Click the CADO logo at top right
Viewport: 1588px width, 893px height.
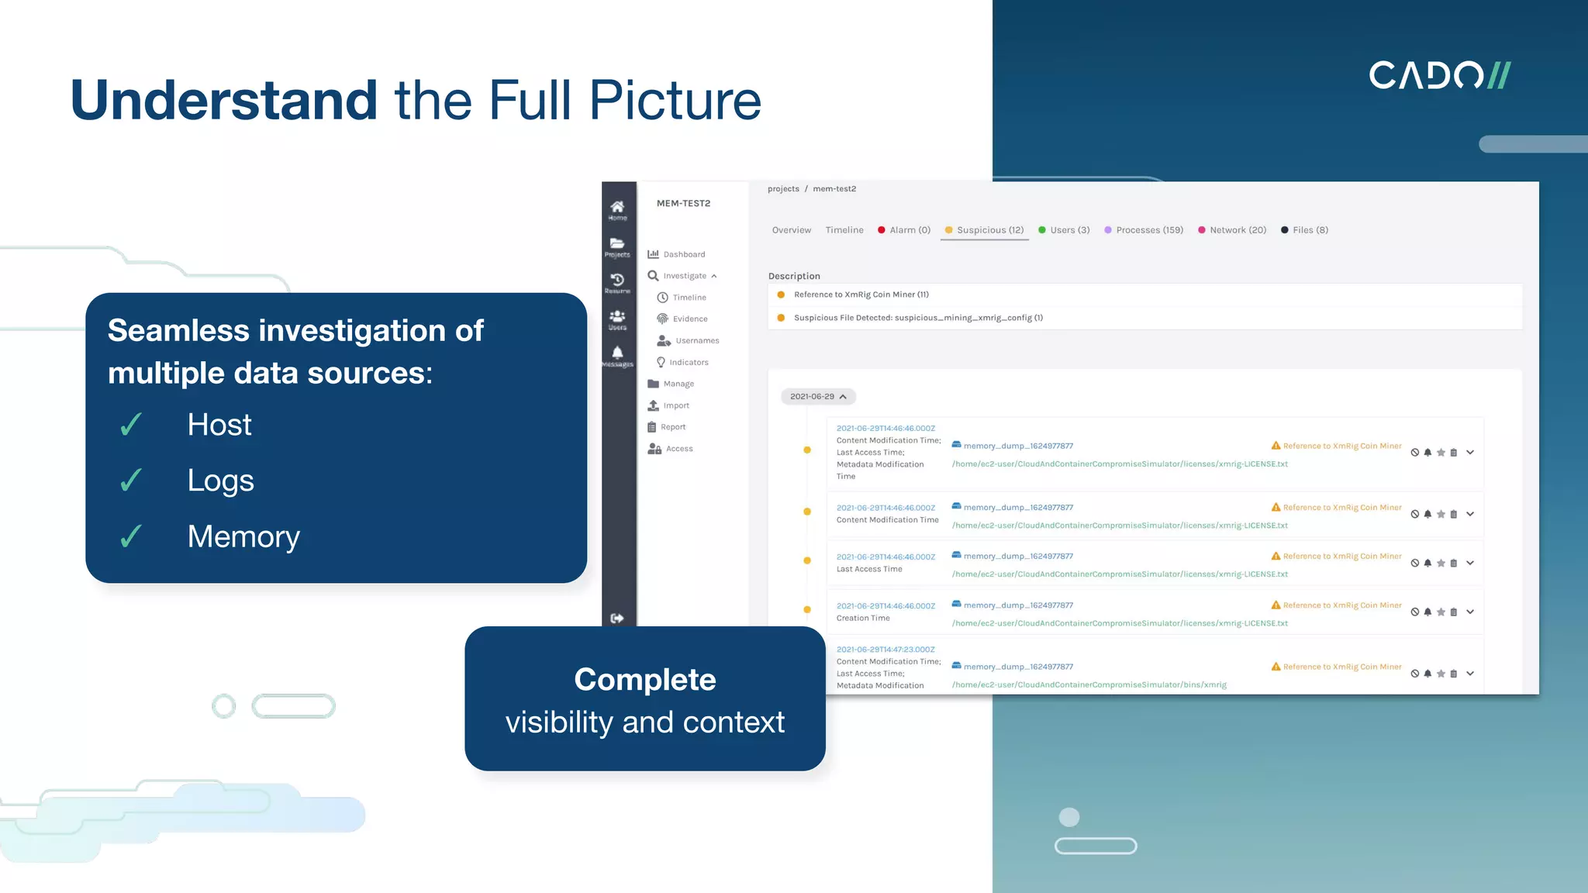tap(1439, 75)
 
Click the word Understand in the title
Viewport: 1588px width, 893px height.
tap(223, 100)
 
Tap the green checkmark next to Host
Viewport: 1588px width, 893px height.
tap(131, 425)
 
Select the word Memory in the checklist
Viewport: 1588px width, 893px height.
tap(243, 536)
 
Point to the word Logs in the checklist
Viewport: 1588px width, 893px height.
tap(220, 481)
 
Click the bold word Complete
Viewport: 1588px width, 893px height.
tap(644, 680)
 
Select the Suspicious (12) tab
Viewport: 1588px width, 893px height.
tap(984, 230)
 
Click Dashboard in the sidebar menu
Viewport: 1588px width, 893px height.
tap(683, 254)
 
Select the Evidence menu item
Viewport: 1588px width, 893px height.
tap(689, 319)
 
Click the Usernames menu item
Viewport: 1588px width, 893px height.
tap(696, 340)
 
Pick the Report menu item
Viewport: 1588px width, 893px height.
tap(672, 427)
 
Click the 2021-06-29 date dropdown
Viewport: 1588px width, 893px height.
tap(817, 396)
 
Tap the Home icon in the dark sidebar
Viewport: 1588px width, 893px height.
tap(617, 208)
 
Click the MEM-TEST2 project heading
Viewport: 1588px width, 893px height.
tap(683, 203)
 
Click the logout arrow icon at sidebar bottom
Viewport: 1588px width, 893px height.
tap(617, 618)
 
